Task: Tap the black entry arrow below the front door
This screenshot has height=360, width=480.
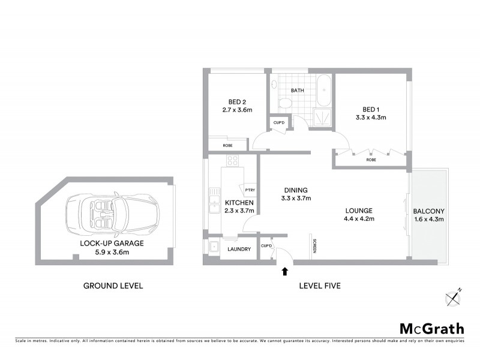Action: (284, 271)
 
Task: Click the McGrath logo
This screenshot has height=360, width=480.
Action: (431, 328)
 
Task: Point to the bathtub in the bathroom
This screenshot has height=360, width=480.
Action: (324, 91)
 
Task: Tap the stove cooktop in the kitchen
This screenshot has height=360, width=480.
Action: (232, 161)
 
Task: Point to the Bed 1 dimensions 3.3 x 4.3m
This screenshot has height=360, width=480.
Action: (371, 118)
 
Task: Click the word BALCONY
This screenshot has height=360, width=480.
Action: (428, 211)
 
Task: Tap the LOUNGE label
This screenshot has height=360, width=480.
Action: (359, 211)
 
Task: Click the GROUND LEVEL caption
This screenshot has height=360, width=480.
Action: (113, 286)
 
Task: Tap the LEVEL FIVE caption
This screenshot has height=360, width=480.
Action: (320, 286)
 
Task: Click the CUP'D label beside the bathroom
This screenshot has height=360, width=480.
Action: (279, 123)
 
